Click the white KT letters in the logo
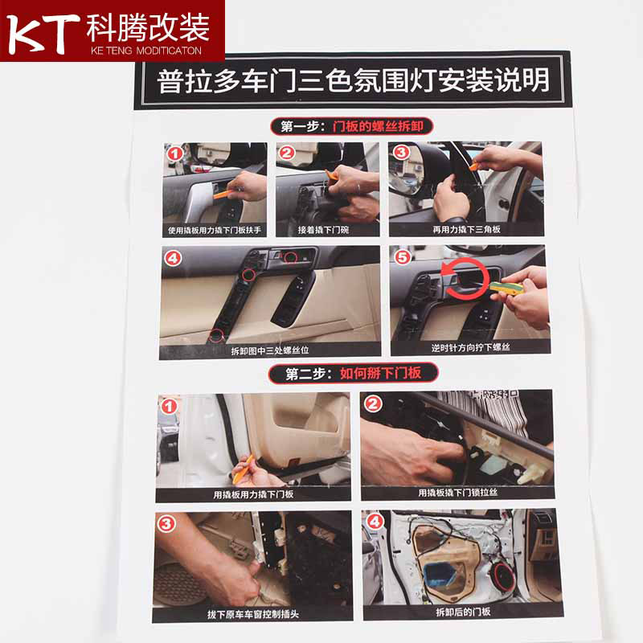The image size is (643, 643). click(x=43, y=34)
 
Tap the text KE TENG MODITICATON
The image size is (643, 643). click(x=146, y=51)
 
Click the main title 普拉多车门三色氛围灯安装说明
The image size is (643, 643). click(x=353, y=80)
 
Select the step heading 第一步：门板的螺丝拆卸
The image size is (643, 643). click(x=352, y=126)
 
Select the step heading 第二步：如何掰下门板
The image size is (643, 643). click(x=353, y=373)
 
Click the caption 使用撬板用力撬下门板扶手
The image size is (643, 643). click(x=215, y=230)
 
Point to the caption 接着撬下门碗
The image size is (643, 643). click(x=323, y=230)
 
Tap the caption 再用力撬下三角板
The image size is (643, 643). click(x=466, y=229)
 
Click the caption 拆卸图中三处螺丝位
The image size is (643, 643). click(x=269, y=350)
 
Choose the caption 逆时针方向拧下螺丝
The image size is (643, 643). click(x=470, y=347)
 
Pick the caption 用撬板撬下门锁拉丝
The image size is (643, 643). click(x=457, y=492)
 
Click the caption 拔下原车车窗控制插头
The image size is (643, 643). click(x=252, y=614)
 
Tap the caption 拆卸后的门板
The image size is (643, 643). click(x=463, y=612)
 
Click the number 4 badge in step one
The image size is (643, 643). click(x=173, y=258)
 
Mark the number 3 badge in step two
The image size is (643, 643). click(x=166, y=524)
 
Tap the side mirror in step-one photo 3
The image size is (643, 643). click(x=412, y=172)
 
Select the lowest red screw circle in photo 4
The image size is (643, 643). click(x=216, y=335)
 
